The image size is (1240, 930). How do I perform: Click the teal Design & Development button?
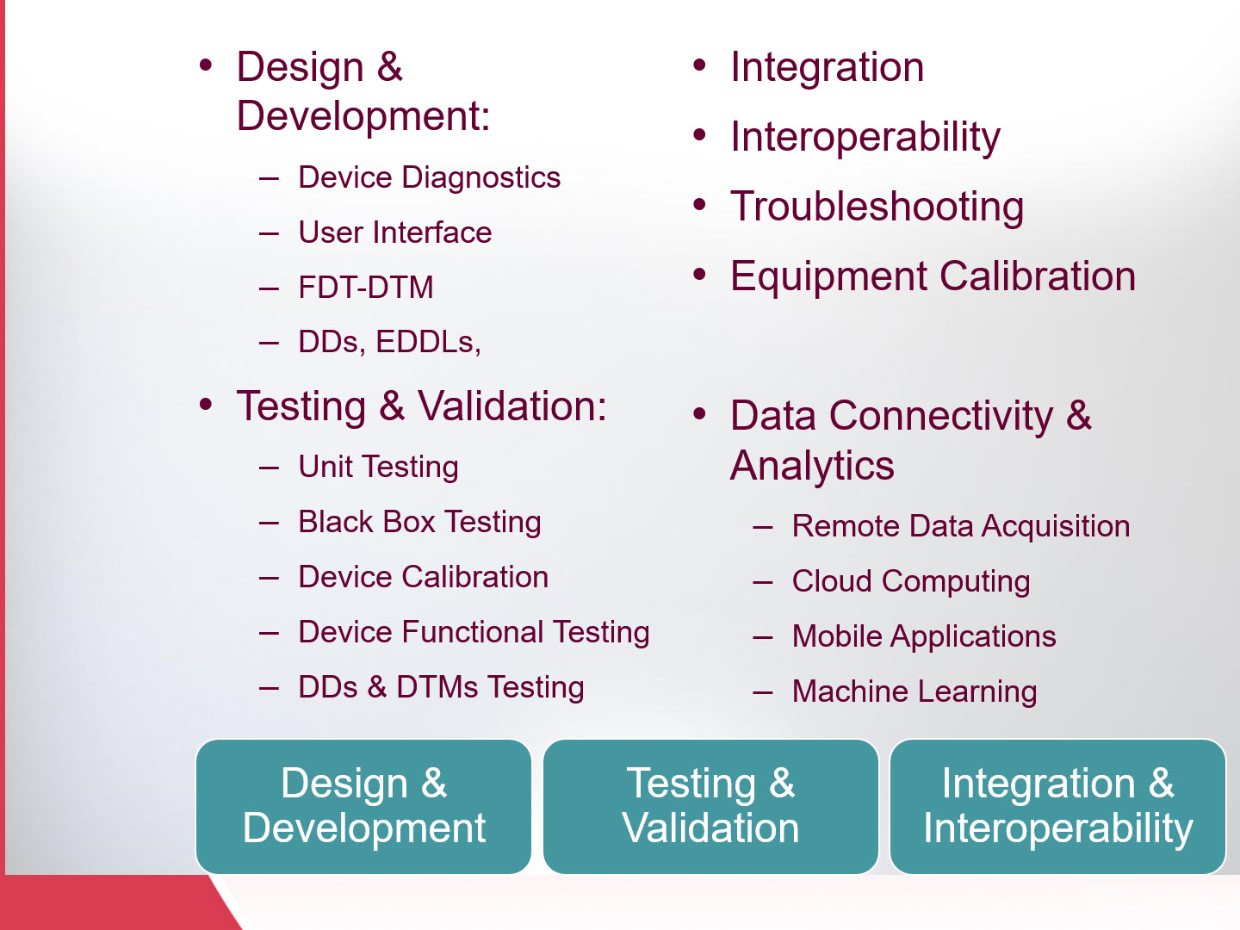coord(363,806)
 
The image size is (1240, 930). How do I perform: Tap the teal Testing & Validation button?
coord(710,806)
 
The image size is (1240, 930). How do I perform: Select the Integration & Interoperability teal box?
coord(1057,806)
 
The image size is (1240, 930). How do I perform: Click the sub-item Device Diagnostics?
coord(429,177)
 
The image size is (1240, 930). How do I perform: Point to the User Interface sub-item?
coord(394,232)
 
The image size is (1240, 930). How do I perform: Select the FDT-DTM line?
coord(366,288)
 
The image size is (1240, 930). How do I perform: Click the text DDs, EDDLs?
coord(389,343)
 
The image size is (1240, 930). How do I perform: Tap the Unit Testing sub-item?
coord(378,467)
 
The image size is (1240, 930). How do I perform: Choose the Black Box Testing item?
coord(419,522)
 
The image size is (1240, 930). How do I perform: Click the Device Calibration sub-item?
coord(423,577)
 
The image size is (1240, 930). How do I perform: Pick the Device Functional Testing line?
coord(474,632)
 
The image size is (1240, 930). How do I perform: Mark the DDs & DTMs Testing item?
coord(441,687)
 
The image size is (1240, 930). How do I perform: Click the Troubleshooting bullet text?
coord(877,207)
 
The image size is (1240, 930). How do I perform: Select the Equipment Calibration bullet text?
coord(933,276)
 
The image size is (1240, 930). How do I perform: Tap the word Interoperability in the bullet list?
coord(865,137)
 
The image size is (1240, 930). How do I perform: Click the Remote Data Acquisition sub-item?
coord(960,526)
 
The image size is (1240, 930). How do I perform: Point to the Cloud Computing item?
coord(910,581)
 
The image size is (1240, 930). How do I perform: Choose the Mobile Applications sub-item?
coord(923,636)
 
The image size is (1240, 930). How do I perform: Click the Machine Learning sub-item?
coord(914,691)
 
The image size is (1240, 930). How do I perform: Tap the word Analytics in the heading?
coord(812,466)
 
